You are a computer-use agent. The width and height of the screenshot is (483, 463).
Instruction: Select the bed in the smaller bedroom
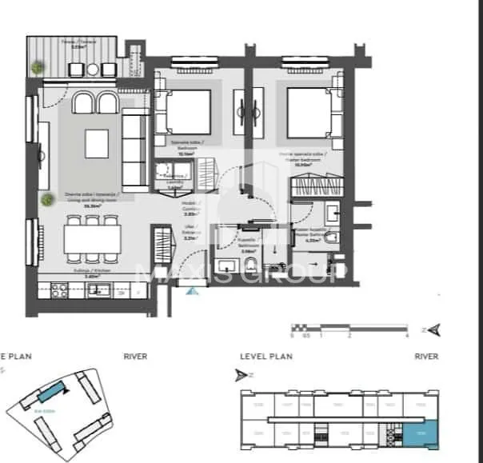point(188,112)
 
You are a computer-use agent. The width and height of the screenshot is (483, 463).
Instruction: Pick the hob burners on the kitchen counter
point(59,289)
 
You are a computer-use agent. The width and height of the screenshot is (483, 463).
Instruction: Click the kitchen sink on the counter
point(104,289)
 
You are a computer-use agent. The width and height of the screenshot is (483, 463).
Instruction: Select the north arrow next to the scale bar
point(434,328)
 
